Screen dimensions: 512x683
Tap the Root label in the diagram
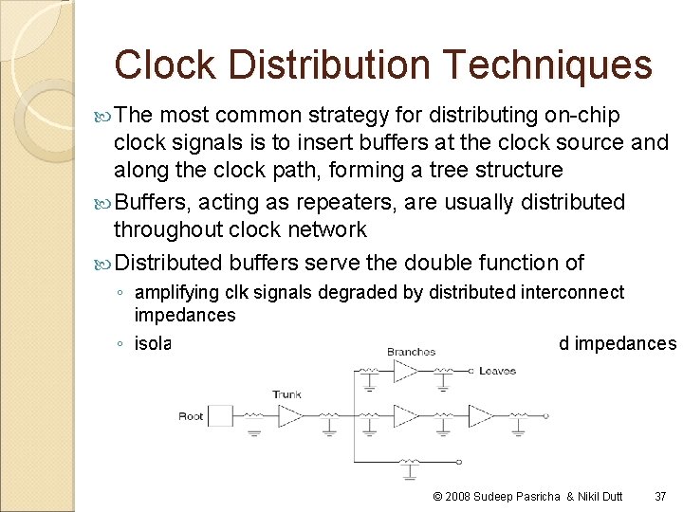[x=191, y=416]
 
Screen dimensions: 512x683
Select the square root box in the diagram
[x=220, y=416]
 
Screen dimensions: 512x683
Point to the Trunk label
[x=286, y=393]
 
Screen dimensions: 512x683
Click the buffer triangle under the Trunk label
[x=290, y=416]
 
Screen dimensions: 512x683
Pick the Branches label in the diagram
[x=411, y=352]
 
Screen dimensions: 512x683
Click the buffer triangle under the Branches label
[x=405, y=371]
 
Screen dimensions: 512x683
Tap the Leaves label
[x=498, y=371]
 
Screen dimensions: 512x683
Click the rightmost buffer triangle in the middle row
[x=480, y=416]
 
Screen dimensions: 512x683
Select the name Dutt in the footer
[x=611, y=496]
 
